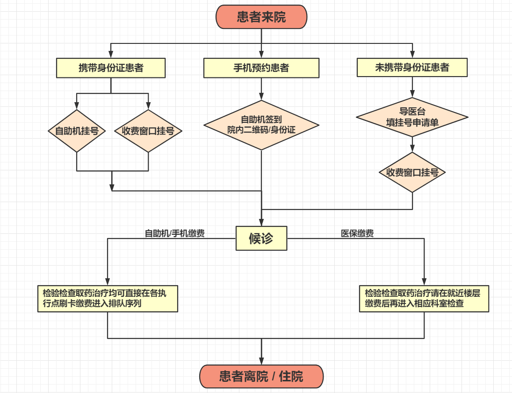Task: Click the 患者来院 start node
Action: click(x=261, y=17)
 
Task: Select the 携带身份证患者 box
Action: click(x=111, y=68)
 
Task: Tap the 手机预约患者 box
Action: click(x=261, y=68)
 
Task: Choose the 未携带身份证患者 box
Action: click(x=412, y=67)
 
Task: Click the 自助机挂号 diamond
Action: click(x=77, y=131)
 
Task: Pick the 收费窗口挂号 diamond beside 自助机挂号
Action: click(x=148, y=131)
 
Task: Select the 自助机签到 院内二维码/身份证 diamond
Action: click(x=261, y=125)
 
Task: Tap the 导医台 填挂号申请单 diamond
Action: click(x=412, y=117)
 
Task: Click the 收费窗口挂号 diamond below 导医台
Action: click(x=412, y=172)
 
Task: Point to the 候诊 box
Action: click(x=261, y=239)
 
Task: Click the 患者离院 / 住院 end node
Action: click(x=261, y=376)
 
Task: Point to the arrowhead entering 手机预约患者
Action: click(x=261, y=55)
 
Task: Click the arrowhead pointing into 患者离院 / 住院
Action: click(x=261, y=361)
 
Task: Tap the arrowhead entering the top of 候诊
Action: click(x=261, y=223)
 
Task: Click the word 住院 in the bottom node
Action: click(x=291, y=377)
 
